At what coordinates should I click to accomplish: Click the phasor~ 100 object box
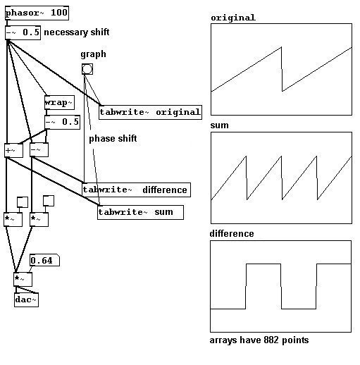[37, 13]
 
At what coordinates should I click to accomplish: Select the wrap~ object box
[59, 102]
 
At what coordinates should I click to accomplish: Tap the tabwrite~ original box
[150, 112]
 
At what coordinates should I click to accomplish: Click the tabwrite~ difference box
[136, 190]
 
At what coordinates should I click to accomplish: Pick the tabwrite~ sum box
[140, 213]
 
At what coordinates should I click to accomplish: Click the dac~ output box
[26, 299]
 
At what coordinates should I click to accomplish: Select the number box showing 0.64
[44, 260]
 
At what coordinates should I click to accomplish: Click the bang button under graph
[87, 69]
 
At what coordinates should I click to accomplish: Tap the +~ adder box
[13, 150]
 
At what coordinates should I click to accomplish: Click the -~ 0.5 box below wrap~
[62, 122]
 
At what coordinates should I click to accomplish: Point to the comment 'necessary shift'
[77, 32]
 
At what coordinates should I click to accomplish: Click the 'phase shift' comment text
[113, 139]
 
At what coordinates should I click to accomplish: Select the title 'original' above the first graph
[233, 18]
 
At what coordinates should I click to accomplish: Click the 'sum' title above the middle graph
[219, 125]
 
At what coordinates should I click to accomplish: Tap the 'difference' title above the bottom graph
[232, 233]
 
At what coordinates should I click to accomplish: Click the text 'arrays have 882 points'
[259, 340]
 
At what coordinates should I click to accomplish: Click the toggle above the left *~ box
[23, 202]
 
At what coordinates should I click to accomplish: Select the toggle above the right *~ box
[49, 201]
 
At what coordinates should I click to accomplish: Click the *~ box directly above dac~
[23, 280]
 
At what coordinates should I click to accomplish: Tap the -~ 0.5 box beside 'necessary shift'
[23, 32]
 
